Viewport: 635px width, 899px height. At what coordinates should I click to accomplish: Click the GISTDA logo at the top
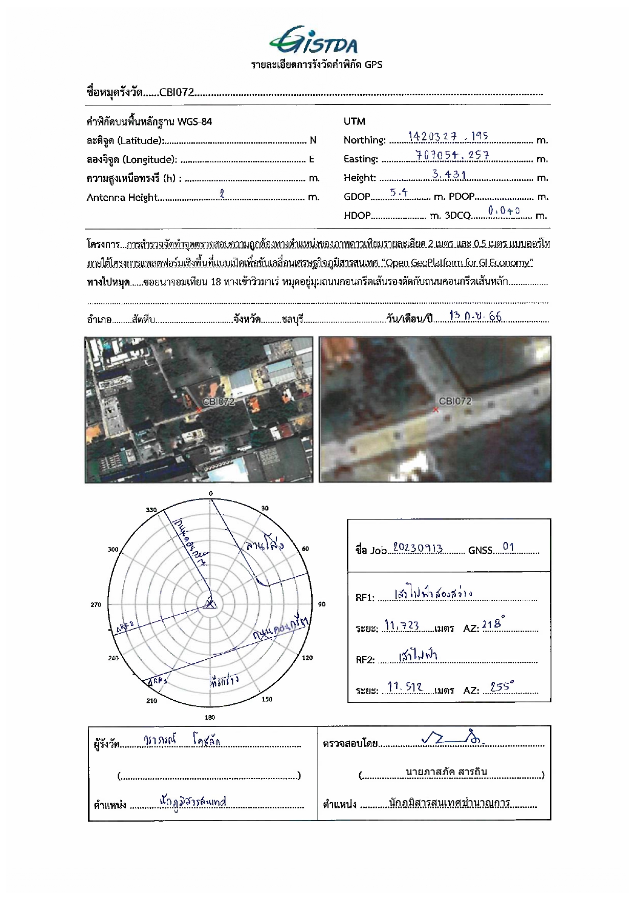(x=314, y=40)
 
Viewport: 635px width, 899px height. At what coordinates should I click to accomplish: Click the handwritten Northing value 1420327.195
(x=448, y=137)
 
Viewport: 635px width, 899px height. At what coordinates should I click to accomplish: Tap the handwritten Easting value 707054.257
(x=452, y=155)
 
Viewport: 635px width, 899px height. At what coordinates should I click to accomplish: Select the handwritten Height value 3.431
(x=449, y=175)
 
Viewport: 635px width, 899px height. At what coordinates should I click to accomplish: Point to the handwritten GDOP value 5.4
(x=399, y=193)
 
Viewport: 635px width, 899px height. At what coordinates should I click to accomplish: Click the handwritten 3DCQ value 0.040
(x=504, y=211)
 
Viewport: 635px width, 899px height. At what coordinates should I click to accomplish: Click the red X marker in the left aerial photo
(x=199, y=410)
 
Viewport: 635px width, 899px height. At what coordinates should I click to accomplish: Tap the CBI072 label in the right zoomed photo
(x=455, y=401)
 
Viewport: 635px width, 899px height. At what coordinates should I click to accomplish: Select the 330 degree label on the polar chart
(x=151, y=510)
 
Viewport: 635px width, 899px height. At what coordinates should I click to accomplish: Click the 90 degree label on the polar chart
(x=322, y=604)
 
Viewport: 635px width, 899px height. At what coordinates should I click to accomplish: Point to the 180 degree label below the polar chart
(x=210, y=717)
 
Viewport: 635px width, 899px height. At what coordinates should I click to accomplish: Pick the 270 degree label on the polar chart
(x=96, y=605)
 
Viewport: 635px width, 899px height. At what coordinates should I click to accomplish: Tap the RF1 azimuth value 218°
(x=493, y=624)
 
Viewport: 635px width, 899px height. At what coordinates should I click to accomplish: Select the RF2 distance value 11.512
(x=405, y=687)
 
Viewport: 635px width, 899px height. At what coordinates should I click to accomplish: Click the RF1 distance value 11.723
(x=402, y=625)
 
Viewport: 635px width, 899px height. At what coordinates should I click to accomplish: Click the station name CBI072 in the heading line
(x=177, y=92)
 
